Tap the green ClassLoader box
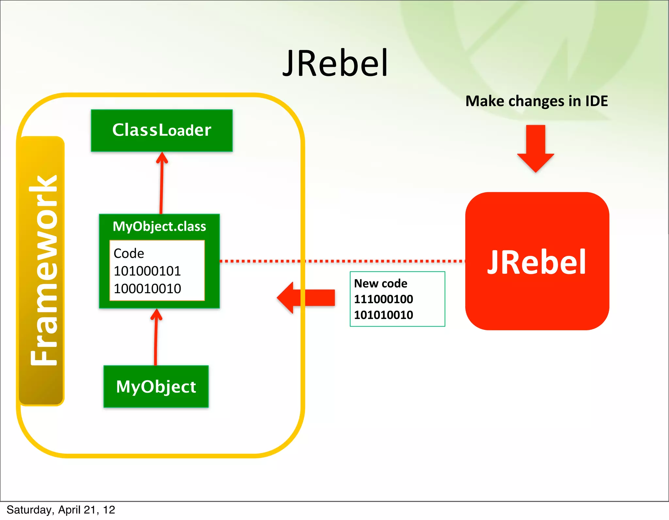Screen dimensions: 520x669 tap(162, 130)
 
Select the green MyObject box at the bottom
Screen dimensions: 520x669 tap(156, 386)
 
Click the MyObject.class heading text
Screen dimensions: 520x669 tap(159, 226)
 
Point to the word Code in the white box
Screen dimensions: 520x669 tap(129, 254)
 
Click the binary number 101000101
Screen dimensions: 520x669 tap(147, 271)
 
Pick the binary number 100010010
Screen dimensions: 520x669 tap(147, 289)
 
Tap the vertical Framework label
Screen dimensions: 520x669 tap(42, 271)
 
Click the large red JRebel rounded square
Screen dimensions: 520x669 tap(537, 261)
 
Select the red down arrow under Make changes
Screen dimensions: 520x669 tap(536, 149)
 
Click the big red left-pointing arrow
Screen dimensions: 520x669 tap(305, 297)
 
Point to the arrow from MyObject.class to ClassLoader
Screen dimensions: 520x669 tap(161, 183)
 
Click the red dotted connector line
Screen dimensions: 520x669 tap(343, 261)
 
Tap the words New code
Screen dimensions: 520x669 tap(381, 283)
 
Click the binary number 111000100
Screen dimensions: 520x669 tap(383, 299)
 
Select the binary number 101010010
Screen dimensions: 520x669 tap(383, 315)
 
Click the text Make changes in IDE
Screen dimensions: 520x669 tap(536, 101)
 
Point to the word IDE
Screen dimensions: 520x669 tap(596, 101)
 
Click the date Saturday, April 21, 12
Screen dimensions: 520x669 tap(61, 510)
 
